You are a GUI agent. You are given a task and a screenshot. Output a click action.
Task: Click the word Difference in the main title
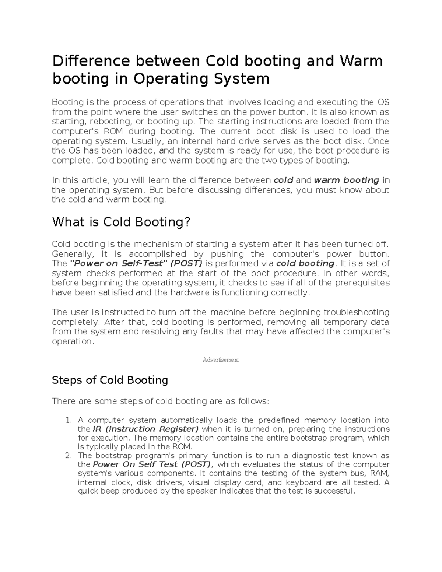[91, 61]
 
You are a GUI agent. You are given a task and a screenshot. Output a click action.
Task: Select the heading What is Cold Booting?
[121, 222]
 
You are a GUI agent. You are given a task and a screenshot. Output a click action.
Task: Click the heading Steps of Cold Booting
[110, 380]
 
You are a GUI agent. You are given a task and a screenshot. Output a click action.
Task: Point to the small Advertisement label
[221, 360]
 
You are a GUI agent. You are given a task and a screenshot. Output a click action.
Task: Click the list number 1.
[68, 420]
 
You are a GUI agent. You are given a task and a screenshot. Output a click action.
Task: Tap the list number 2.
[68, 456]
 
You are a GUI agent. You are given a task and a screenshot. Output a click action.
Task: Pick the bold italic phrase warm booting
[346, 180]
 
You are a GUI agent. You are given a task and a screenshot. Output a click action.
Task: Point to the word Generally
[73, 254]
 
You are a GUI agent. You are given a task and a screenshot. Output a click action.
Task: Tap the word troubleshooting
[356, 312]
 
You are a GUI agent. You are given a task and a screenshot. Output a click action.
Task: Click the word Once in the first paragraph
[379, 141]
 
